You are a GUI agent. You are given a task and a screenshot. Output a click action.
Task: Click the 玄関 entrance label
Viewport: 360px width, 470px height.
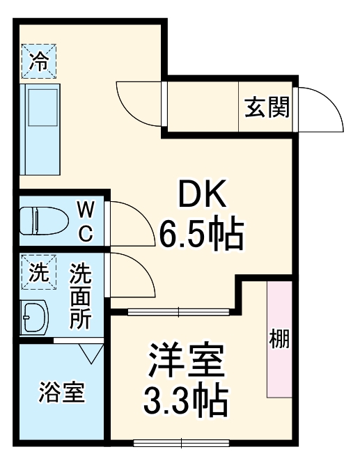267,107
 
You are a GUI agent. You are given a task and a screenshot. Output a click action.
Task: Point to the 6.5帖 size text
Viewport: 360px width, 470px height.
203,235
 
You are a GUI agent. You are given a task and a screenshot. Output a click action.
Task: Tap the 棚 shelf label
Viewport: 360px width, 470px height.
279,340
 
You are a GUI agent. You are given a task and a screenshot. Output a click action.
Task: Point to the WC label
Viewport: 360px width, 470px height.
84,220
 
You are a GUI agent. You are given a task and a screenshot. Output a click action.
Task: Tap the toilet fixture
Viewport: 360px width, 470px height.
45,221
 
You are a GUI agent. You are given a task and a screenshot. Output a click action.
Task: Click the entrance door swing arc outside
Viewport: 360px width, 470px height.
322,107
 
